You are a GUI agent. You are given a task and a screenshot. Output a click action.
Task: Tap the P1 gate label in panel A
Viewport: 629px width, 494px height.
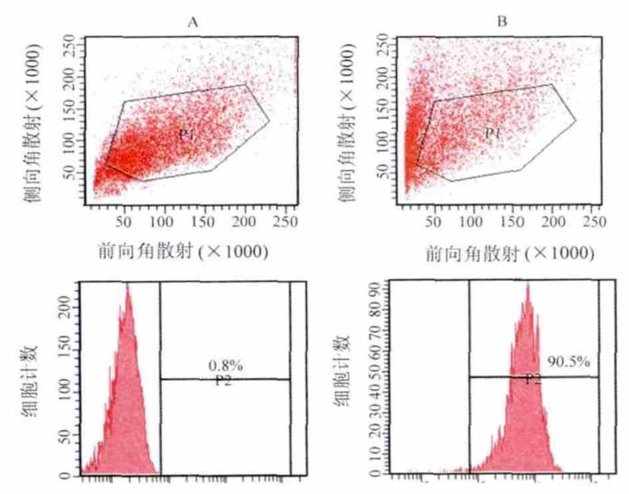pos(187,134)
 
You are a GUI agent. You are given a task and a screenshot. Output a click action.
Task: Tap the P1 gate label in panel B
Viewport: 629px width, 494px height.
pos(493,134)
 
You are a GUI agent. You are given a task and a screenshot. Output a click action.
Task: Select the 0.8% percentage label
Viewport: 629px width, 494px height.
pos(222,366)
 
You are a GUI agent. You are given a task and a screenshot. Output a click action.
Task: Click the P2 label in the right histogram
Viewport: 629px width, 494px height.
pos(533,379)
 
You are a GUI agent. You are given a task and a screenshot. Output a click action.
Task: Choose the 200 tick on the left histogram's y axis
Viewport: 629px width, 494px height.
pos(63,308)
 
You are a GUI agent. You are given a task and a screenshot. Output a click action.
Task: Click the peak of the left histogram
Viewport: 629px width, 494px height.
pos(127,286)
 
